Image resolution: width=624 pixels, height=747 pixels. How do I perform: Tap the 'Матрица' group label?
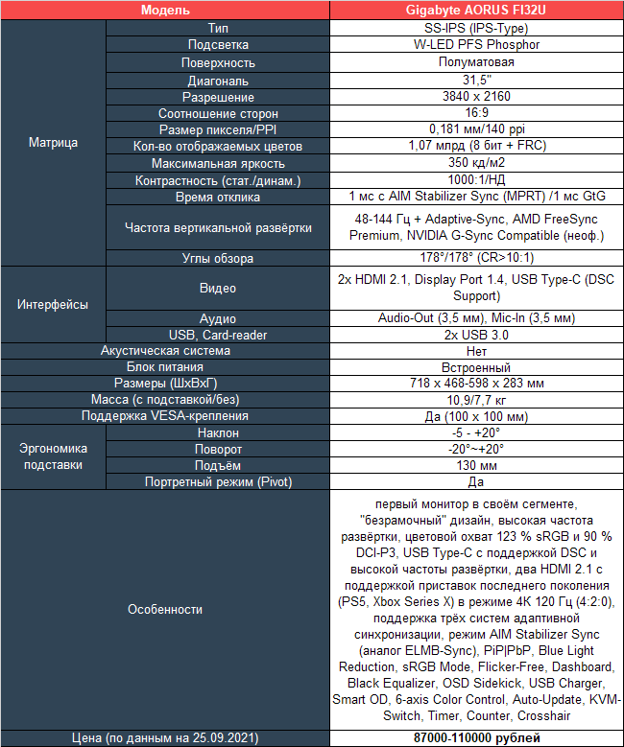point(54,143)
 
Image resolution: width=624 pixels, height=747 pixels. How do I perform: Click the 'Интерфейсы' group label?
point(54,304)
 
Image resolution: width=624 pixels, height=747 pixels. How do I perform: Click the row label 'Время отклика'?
point(218,197)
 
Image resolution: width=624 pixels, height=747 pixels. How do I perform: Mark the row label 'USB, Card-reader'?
point(218,335)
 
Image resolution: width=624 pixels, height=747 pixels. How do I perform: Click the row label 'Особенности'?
point(165,609)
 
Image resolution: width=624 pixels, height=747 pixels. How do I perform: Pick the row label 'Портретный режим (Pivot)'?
point(218,481)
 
